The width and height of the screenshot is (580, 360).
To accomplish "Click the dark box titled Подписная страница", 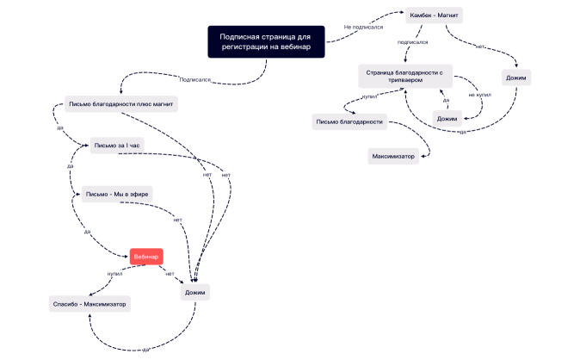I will [267, 42].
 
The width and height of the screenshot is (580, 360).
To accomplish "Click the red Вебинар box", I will [146, 256].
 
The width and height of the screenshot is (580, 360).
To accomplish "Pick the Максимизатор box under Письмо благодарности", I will [392, 156].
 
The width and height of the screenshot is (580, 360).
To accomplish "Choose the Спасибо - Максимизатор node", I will [89, 304].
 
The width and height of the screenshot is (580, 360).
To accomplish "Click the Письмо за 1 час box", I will [116, 146].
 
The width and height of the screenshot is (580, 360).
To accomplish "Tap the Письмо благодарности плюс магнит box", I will [122, 105].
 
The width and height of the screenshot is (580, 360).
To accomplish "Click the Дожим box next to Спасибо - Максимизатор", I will [196, 292].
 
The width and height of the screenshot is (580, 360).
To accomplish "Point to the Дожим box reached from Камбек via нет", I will [517, 78].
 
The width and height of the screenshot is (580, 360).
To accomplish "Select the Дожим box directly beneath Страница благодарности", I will [446, 117].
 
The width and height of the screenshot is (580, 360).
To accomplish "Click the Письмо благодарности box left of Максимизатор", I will [349, 121].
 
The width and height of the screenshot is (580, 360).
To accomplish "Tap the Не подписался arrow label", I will [363, 27].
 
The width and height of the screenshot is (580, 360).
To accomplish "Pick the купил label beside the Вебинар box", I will [115, 274].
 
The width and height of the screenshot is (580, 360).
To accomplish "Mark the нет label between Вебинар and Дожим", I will [170, 273].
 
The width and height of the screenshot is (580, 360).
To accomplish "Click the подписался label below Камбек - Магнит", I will [412, 41].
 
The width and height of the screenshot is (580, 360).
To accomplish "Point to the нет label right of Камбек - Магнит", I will [480, 46].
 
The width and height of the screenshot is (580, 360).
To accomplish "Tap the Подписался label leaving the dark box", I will [194, 79].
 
